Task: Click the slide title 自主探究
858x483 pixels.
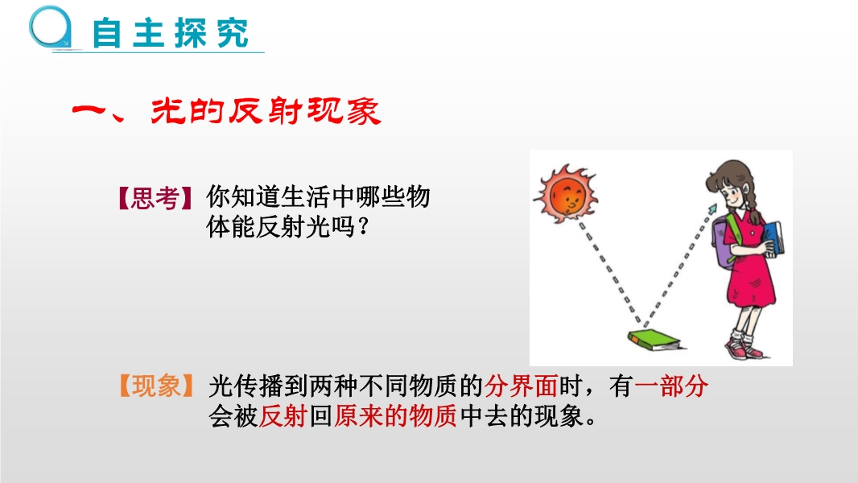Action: click(170, 33)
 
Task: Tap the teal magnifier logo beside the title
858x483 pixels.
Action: click(51, 27)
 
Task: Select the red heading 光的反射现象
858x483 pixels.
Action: click(266, 111)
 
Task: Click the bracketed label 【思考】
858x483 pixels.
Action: click(155, 198)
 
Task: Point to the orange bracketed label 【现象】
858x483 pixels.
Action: click(156, 386)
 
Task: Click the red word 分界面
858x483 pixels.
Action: click(521, 386)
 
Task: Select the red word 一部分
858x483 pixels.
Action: click(670, 386)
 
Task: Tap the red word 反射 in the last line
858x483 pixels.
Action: click(283, 415)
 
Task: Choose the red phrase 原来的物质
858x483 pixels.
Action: click(395, 415)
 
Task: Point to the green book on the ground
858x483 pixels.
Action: click(654, 340)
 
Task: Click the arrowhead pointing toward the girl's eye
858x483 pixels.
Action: click(712, 209)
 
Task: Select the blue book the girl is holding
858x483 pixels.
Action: click(773, 238)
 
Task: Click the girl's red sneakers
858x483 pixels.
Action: click(743, 349)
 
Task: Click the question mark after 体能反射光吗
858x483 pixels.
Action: click(361, 227)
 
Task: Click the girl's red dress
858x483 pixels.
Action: click(749, 262)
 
